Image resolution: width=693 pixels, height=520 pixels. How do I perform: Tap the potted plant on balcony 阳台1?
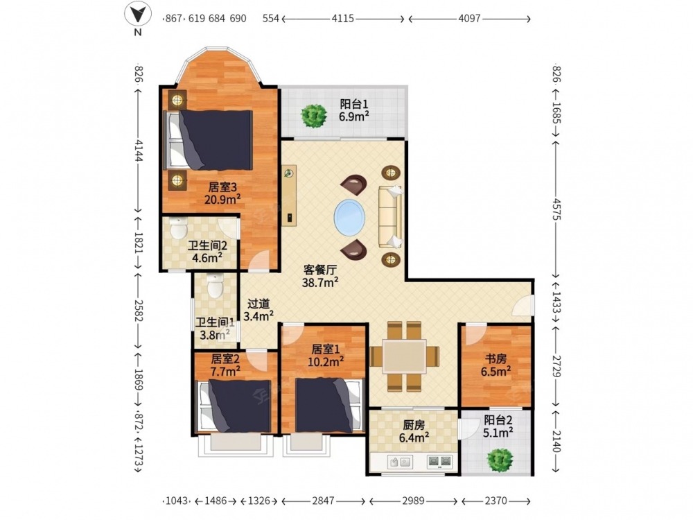pyautogui.click(x=314, y=116)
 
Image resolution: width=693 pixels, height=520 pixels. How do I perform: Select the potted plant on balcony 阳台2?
pyautogui.click(x=500, y=460)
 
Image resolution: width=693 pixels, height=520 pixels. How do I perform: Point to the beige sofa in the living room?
pyautogui.click(x=390, y=216)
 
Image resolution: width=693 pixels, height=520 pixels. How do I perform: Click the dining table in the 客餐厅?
pyautogui.click(x=405, y=356)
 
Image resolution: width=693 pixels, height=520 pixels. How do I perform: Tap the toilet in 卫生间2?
pyautogui.click(x=179, y=228)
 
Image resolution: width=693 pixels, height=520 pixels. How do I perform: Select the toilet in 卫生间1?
pyautogui.click(x=216, y=286)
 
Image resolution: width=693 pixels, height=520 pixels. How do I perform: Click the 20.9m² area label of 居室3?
pyautogui.click(x=222, y=200)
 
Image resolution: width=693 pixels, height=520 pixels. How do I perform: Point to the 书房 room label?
pyautogui.click(x=495, y=358)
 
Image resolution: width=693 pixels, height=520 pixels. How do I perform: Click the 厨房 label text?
pyautogui.click(x=414, y=425)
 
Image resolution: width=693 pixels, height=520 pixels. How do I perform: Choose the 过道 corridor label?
pyautogui.click(x=258, y=304)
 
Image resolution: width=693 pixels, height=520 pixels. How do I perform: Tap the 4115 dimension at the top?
pyautogui.click(x=343, y=19)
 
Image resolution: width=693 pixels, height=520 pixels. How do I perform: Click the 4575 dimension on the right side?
pyautogui.click(x=556, y=209)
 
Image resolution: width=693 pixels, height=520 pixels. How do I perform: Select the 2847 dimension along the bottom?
pyautogui.click(x=323, y=501)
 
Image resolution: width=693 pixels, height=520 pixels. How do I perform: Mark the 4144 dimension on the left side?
pyautogui.click(x=139, y=151)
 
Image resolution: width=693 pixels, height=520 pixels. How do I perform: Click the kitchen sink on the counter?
pyautogui.click(x=400, y=462)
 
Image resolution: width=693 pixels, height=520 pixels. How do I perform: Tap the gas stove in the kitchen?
pyautogui.click(x=440, y=462)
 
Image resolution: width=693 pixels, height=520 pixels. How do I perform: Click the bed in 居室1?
pyautogui.click(x=330, y=405)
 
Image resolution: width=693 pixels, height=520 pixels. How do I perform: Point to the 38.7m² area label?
pyautogui.click(x=320, y=282)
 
